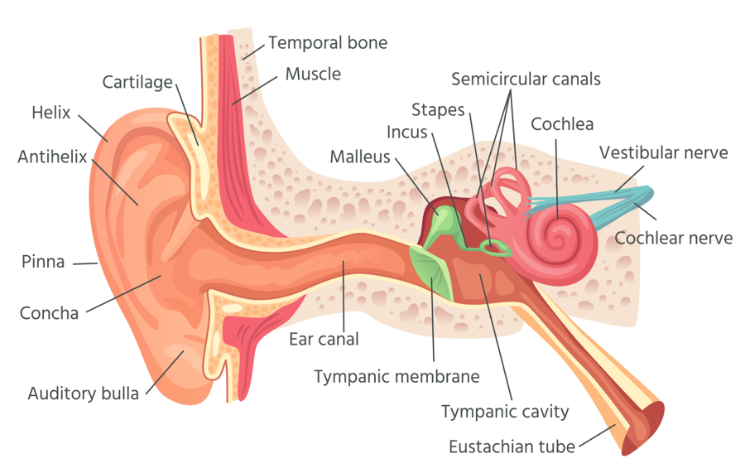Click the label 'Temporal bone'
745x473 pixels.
(327, 42)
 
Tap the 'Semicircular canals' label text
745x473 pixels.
(526, 80)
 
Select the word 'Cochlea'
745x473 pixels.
(562, 124)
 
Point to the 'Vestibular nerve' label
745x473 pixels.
(663, 152)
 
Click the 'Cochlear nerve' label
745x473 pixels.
(673, 239)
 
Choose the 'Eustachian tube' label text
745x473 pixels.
(512, 447)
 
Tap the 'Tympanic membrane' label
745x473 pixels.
(397, 377)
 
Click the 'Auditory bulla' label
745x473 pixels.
(84, 394)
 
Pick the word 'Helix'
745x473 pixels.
(51, 112)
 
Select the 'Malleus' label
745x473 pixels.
(359, 157)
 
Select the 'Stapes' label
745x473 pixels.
(438, 110)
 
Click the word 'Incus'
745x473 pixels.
(406, 132)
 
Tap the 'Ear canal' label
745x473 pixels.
(324, 339)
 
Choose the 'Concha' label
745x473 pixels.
(49, 313)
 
